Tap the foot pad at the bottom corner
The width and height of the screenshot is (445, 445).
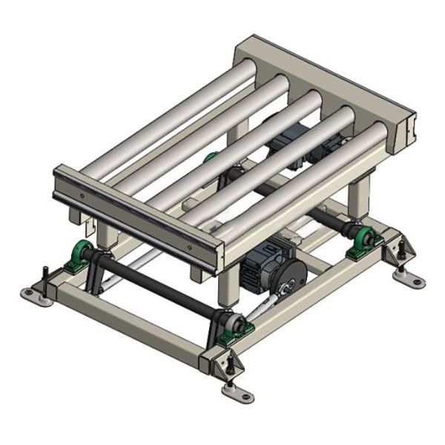click(239, 393)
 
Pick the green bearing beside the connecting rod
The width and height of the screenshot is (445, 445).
click(237, 326)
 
